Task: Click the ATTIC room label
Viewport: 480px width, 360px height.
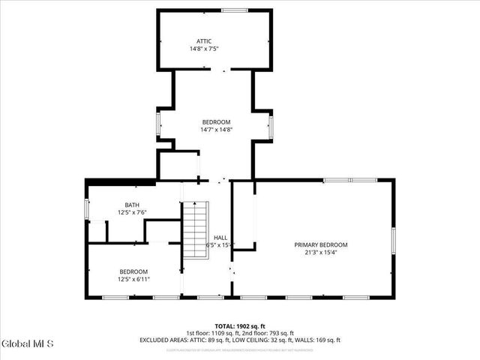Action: (x=204, y=41)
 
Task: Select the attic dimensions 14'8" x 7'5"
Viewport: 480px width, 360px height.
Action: (x=204, y=49)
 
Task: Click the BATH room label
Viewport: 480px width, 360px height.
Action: (x=131, y=205)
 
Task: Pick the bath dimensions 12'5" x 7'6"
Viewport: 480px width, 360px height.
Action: (x=131, y=212)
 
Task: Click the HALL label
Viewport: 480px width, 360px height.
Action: (x=220, y=238)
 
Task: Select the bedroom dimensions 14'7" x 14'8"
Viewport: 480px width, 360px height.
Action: (x=216, y=130)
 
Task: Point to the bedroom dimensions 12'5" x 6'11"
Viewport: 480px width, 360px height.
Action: (x=134, y=279)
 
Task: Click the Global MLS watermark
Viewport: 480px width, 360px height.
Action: (x=28, y=344)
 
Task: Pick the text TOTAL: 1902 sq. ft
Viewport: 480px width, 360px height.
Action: (x=239, y=326)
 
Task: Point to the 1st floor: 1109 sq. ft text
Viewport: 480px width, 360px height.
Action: (x=211, y=333)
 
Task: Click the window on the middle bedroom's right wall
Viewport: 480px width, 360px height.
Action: (x=271, y=124)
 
